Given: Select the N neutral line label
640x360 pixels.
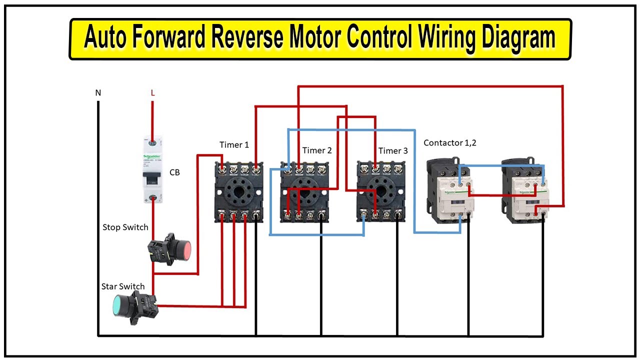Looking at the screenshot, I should [x=98, y=93].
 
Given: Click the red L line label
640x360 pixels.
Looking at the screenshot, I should [x=152, y=93].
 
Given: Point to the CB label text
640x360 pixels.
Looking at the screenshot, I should [x=174, y=172].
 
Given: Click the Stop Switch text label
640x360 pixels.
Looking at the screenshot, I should [x=125, y=227].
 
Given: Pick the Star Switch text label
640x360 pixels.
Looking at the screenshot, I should [x=123, y=286].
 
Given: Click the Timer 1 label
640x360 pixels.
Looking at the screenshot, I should [x=234, y=145].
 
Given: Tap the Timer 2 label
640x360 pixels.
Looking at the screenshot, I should [x=317, y=150].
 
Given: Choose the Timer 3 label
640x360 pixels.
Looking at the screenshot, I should [x=393, y=150].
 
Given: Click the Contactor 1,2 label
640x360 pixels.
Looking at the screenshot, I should [x=450, y=143].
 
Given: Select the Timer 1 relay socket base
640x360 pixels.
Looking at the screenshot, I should [x=238, y=192].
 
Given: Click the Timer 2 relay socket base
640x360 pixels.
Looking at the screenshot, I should [x=304, y=192].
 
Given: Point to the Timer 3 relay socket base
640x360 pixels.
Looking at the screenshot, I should [x=380, y=192].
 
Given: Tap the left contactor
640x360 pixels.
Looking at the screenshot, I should [x=449, y=190].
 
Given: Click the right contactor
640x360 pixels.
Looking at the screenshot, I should [x=525, y=190].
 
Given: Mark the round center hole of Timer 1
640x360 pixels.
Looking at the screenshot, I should [x=239, y=190].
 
